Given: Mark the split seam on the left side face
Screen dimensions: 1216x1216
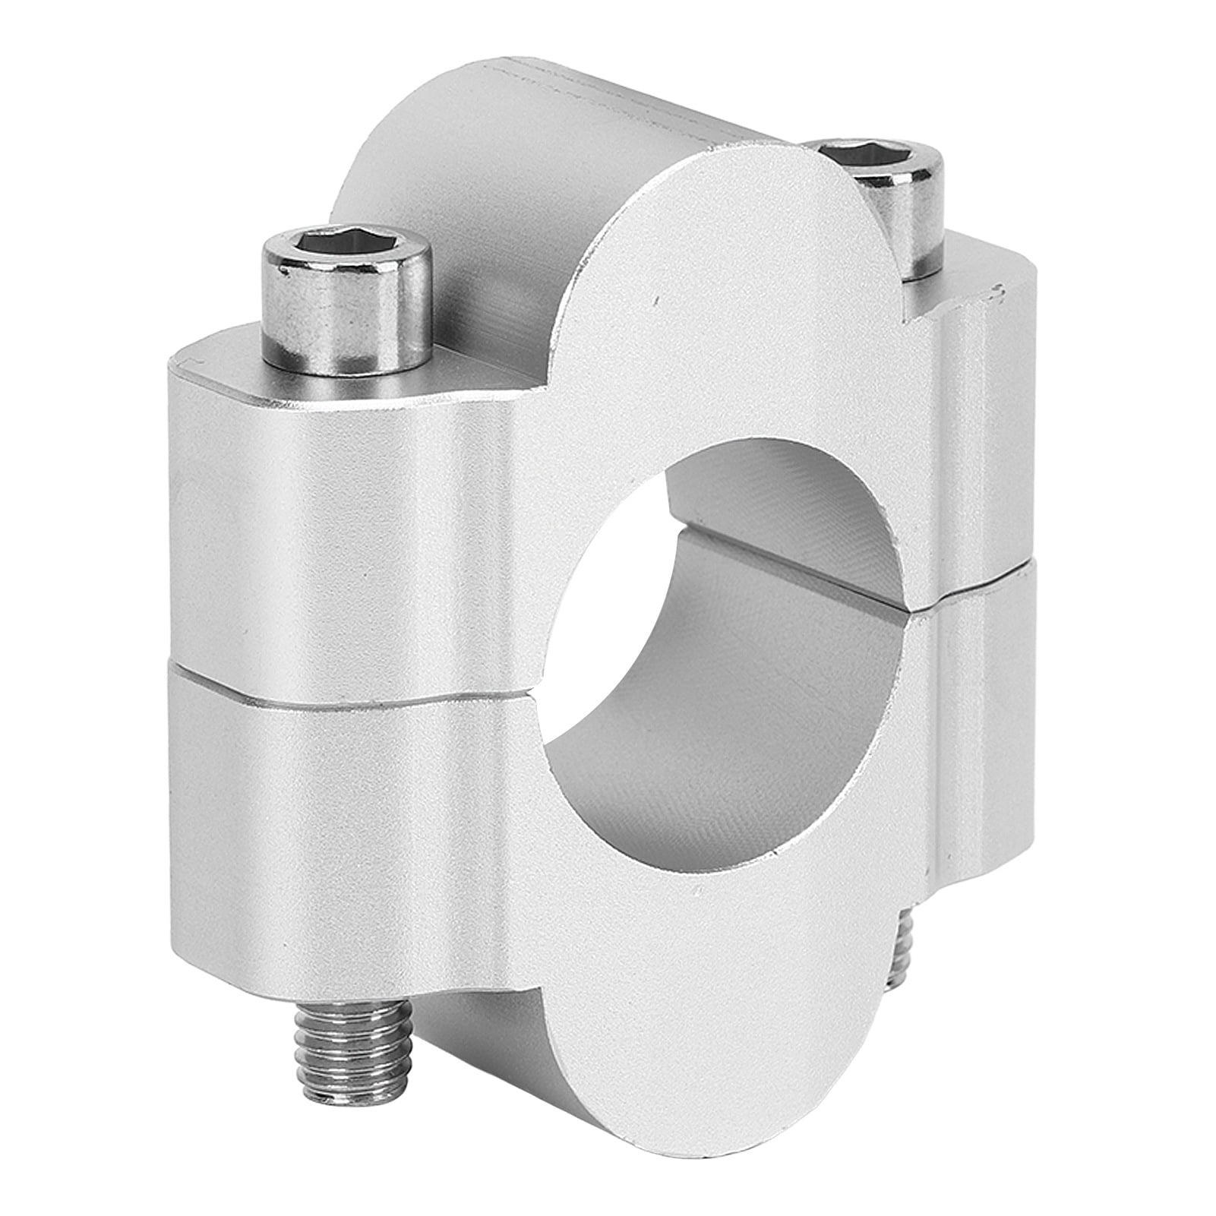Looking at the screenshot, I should (342, 687).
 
